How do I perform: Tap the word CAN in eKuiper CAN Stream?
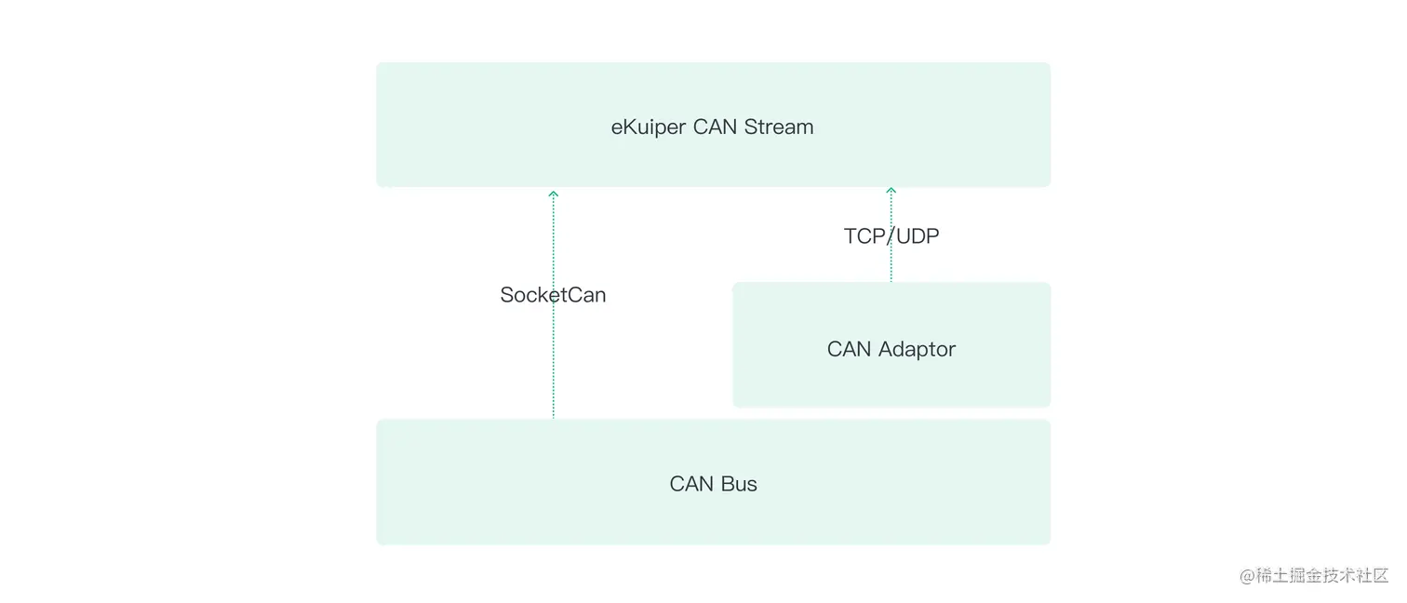(715, 127)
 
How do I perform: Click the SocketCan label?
(553, 295)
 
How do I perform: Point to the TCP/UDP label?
(891, 236)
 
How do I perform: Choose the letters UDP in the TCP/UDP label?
(918, 236)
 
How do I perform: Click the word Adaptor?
(917, 350)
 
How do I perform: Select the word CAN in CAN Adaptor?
(849, 350)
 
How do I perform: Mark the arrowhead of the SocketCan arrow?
(554, 194)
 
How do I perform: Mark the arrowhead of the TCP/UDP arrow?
(891, 191)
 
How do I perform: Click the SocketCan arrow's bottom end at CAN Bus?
(554, 417)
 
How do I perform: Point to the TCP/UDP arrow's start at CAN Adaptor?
(891, 280)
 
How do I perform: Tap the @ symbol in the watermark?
(1247, 576)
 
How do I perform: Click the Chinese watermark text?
(1321, 576)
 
